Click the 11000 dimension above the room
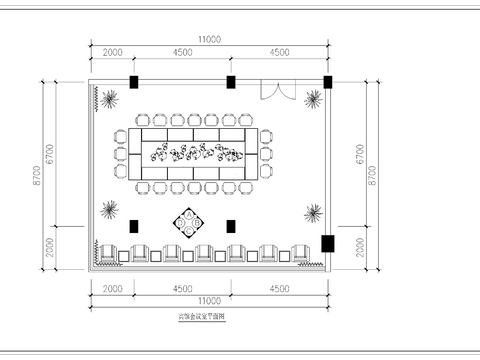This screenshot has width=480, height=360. pos(208,38)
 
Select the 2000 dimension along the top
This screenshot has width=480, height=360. pos(112,53)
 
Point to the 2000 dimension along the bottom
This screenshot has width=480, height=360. pos(112,288)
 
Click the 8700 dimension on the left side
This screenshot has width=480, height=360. pos(38,177)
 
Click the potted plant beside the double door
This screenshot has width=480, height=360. pos(314,98)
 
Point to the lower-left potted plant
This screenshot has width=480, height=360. pos(109,210)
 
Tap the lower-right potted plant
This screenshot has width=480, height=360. pos(314,212)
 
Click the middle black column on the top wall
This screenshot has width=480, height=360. pos(231,81)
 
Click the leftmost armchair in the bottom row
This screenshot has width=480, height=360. pos(107,253)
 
